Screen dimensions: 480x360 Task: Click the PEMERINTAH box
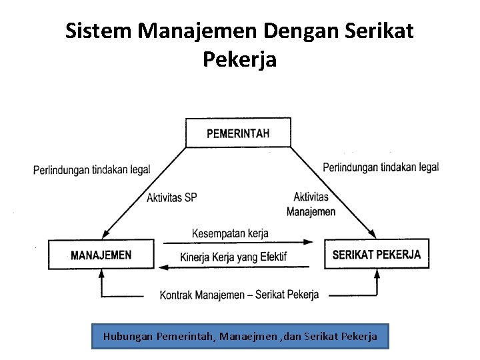pyautogui.click(x=238, y=133)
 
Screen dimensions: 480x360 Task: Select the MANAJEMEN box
pyautogui.click(x=101, y=254)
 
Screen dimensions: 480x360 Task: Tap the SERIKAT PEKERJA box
pyautogui.click(x=376, y=254)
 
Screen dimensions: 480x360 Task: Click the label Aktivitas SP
pyautogui.click(x=172, y=197)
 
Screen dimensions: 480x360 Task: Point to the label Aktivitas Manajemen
pyautogui.click(x=311, y=204)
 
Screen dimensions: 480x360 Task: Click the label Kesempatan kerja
pyautogui.click(x=230, y=233)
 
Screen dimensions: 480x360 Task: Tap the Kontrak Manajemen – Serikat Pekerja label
pyautogui.click(x=239, y=294)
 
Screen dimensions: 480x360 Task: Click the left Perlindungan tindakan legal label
pyautogui.click(x=92, y=169)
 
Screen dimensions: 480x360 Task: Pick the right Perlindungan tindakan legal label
pyautogui.click(x=381, y=167)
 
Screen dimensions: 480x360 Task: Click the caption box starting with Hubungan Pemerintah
pyautogui.click(x=240, y=336)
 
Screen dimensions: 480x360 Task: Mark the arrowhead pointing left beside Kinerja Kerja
pyautogui.click(x=161, y=267)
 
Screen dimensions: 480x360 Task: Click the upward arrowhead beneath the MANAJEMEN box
pyautogui.click(x=102, y=273)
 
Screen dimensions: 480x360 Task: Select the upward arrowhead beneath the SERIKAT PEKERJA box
pyautogui.click(x=377, y=273)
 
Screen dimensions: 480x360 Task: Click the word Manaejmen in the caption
pyautogui.click(x=249, y=337)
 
